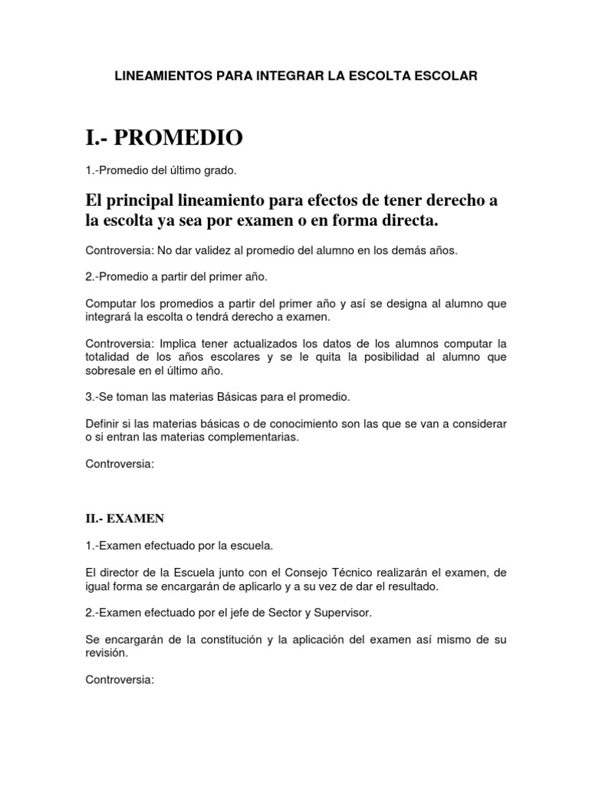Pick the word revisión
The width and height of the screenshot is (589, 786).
pyautogui.click(x=106, y=654)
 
